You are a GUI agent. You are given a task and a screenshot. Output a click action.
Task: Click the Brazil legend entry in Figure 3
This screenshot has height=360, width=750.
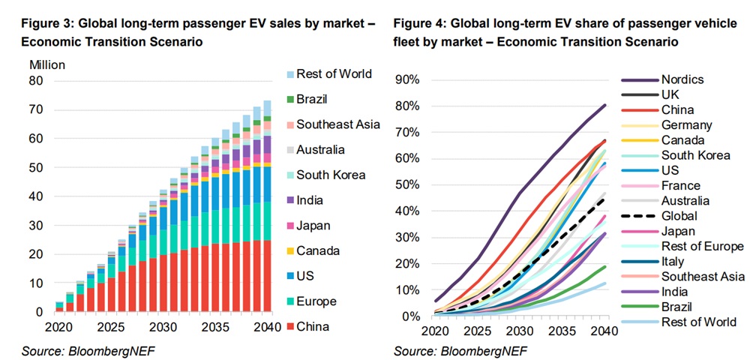312,99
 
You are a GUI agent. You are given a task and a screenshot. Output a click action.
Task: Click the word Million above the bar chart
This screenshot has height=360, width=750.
47,65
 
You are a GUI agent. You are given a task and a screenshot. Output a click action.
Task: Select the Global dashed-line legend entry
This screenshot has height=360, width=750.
679,217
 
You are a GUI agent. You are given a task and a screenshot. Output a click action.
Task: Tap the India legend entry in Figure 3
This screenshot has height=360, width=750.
310,200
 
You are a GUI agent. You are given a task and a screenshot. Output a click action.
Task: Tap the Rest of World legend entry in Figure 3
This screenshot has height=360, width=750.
334,73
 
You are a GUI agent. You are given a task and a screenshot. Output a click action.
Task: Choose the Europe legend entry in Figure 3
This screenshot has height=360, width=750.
316,301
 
